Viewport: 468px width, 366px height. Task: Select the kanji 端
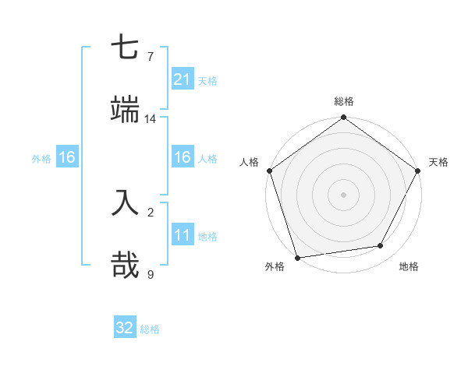(125, 110)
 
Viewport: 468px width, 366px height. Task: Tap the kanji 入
(125, 203)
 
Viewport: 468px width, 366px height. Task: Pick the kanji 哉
(125, 265)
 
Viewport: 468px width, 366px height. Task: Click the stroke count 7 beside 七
(151, 57)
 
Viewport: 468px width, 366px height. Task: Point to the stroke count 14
(151, 118)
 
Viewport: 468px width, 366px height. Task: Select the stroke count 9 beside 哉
(151, 273)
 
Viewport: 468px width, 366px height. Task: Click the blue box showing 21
(182, 79)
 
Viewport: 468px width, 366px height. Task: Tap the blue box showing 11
(182, 235)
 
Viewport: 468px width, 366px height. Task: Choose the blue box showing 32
(125, 328)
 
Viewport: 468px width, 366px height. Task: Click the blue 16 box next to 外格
(67, 157)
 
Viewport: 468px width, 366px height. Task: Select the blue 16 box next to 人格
(182, 157)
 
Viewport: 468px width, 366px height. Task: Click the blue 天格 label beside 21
(207, 81)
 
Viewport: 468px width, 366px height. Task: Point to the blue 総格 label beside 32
(150, 329)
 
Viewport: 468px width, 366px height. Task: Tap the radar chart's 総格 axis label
(344, 101)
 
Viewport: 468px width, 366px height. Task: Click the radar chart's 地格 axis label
(409, 267)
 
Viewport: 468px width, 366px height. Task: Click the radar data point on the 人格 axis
(270, 171)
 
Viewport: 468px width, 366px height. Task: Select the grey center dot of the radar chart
(344, 194)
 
